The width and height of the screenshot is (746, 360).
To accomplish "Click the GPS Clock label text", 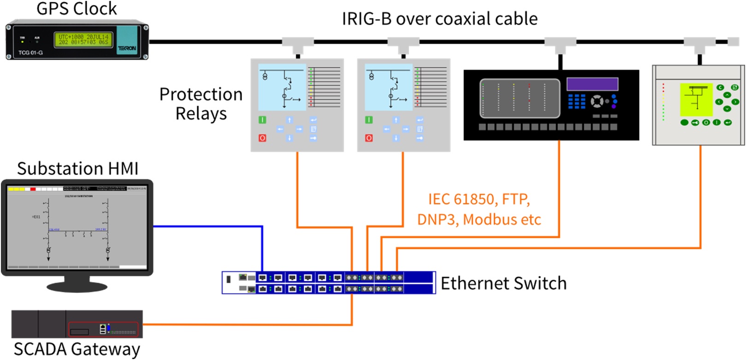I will (x=76, y=9).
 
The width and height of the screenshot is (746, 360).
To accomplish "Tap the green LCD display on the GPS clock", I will (x=83, y=39).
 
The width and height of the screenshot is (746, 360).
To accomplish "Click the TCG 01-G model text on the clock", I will (x=30, y=53).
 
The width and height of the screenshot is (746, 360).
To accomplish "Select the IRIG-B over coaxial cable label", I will (x=439, y=19).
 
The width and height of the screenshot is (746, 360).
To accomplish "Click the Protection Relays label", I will (x=201, y=104).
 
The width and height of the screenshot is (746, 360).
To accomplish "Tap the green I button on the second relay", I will (x=369, y=120).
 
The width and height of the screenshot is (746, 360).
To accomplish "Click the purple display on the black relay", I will (x=592, y=84).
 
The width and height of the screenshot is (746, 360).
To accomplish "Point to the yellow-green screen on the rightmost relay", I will (x=696, y=100).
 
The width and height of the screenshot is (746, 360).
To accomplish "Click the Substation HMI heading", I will (x=77, y=169).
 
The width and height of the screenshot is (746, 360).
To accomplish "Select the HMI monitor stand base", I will (x=77, y=287).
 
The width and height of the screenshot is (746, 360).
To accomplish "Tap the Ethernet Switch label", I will (x=503, y=283).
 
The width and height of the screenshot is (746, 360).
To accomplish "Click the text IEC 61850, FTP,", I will (x=479, y=199).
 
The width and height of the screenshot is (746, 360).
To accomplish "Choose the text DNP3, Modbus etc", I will (x=479, y=219).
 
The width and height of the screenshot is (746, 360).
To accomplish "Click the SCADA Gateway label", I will (x=76, y=349).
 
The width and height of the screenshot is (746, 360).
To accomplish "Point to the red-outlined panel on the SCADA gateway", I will (x=103, y=329).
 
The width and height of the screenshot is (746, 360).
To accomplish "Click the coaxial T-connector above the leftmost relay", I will (x=298, y=45).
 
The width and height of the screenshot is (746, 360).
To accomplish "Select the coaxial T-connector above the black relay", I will (x=560, y=45).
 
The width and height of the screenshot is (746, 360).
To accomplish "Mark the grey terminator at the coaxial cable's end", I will (x=733, y=41).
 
